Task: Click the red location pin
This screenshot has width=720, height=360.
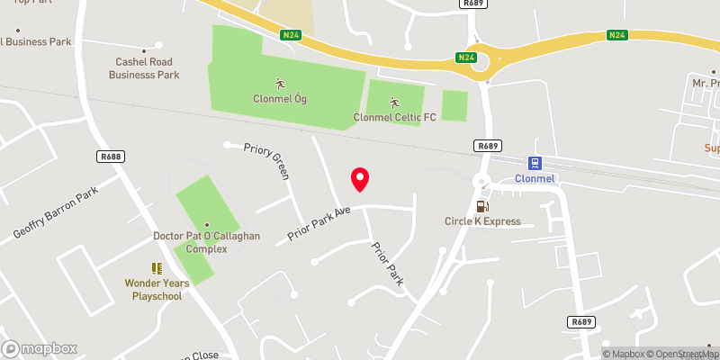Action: (x=360, y=179)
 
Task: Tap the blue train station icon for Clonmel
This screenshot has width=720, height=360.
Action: (x=535, y=163)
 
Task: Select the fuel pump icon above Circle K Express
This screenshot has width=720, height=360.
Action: (x=490, y=206)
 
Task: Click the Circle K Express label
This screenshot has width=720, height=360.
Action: (x=482, y=221)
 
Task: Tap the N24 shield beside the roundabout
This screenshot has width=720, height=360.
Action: (x=465, y=58)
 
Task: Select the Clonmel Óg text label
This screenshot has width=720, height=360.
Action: (x=279, y=99)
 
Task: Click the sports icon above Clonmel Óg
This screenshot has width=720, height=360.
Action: (x=279, y=84)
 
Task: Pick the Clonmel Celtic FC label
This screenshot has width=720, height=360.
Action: (x=395, y=117)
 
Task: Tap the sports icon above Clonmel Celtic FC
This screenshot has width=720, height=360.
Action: (x=393, y=101)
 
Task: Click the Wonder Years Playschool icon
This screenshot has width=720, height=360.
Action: (x=157, y=268)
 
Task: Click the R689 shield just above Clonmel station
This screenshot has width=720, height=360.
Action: (x=487, y=146)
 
